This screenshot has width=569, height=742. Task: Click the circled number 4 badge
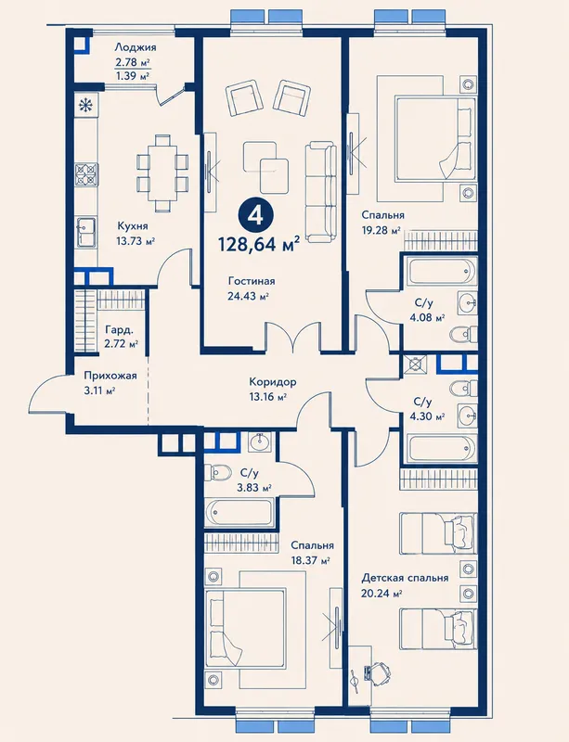point(256,216)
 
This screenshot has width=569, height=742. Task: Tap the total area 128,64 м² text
point(259,244)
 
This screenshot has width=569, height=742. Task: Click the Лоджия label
point(136,47)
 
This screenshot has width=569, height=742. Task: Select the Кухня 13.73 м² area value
point(136,241)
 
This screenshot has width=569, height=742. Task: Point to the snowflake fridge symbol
point(85,106)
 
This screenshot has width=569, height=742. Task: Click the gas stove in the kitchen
point(86,174)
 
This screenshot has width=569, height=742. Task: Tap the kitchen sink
point(85,232)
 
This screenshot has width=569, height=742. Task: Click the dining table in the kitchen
point(162,173)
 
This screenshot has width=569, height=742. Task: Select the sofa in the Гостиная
point(320,192)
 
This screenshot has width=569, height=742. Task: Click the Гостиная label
point(252,281)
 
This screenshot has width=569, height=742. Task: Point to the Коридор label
point(273,381)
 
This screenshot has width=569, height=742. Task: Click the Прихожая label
point(110,376)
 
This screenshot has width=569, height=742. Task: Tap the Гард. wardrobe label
point(119,329)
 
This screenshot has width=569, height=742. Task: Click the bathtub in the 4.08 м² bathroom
point(441,271)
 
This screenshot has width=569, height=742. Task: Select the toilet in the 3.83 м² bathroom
point(217,472)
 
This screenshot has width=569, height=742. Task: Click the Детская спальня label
point(405,578)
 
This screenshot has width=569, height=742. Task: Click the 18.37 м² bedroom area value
point(311,561)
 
